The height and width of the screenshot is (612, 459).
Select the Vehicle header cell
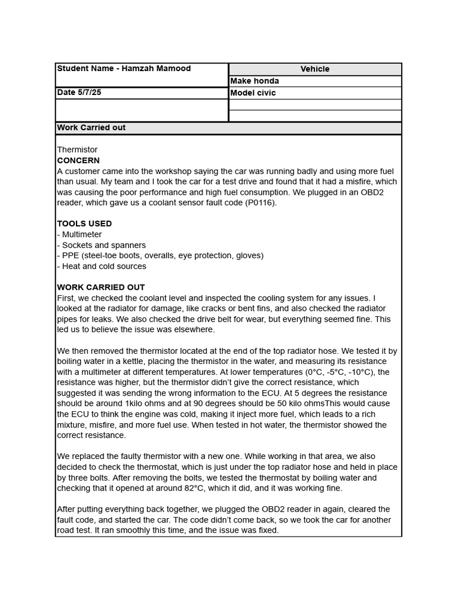click(x=315, y=69)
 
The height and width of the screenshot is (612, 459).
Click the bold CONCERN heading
click(x=78, y=161)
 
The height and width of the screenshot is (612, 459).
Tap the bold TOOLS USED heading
click(x=84, y=224)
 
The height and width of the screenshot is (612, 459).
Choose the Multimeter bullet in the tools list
click(x=81, y=234)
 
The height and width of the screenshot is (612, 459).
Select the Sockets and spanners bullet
click(x=103, y=245)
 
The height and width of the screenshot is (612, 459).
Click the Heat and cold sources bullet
click(x=103, y=266)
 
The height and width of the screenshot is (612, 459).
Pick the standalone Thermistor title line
click(x=77, y=149)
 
